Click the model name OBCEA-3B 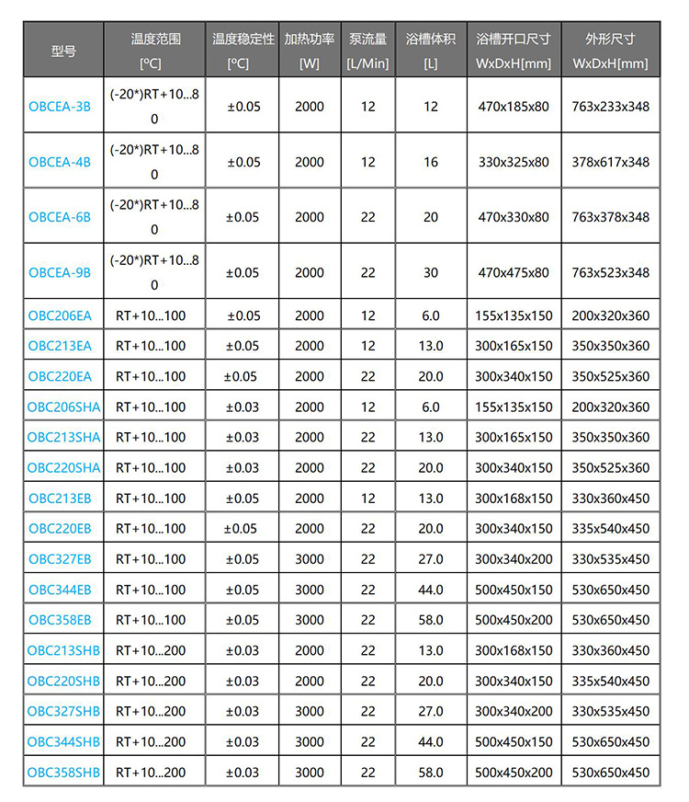point(60,107)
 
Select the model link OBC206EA point(60,315)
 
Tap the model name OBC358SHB point(63,773)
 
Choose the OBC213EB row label point(60,498)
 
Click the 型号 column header point(63,51)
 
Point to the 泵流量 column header point(367,40)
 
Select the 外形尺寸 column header point(610,40)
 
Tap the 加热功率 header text point(310,40)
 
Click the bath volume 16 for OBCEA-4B point(431,162)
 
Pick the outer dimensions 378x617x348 point(610,162)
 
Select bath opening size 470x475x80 point(514,272)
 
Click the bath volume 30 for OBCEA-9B point(431,272)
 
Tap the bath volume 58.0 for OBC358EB point(431,620)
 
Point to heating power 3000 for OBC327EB point(310,559)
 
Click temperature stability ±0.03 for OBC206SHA point(243,407)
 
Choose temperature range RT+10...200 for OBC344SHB point(151,742)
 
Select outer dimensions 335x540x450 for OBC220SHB point(610,682)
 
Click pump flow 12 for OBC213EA point(367,346)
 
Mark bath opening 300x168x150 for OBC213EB point(514,498)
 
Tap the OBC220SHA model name point(63,468)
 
